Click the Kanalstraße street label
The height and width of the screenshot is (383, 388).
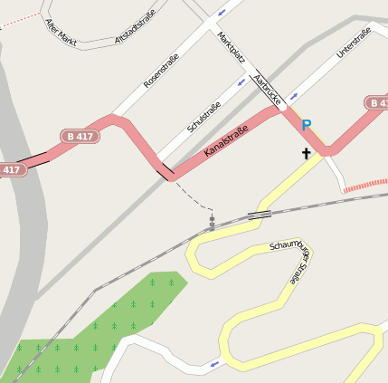226,140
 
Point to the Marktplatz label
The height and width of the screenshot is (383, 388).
232,46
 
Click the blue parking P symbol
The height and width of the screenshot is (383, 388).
307,125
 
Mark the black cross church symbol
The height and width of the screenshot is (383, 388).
306,154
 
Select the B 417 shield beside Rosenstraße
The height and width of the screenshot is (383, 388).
81,136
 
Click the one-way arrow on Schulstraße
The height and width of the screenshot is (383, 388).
241,82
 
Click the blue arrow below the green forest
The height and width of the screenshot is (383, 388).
214,364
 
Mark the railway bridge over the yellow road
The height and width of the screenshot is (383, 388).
260,215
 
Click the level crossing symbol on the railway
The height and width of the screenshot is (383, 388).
212,222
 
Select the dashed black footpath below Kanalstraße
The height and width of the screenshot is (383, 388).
194,195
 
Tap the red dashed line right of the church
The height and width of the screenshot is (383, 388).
365,185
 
